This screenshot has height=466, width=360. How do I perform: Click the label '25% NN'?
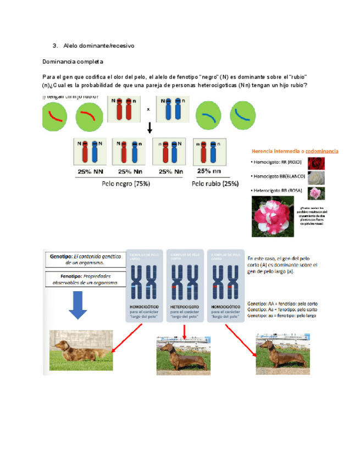[x=90, y=171]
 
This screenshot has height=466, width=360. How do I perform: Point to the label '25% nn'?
[x=210, y=170]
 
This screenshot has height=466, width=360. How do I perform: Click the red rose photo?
[x=316, y=163]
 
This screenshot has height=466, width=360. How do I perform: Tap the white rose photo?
[x=316, y=178]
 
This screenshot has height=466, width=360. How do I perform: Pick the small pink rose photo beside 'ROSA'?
[x=316, y=193]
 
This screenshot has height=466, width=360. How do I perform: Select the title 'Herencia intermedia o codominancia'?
[x=295, y=151]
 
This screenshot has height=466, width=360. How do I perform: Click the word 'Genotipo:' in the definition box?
[x=61, y=256]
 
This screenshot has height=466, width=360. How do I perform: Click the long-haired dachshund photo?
[x=81, y=349]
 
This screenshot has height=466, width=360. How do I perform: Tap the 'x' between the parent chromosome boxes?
[x=148, y=109]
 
